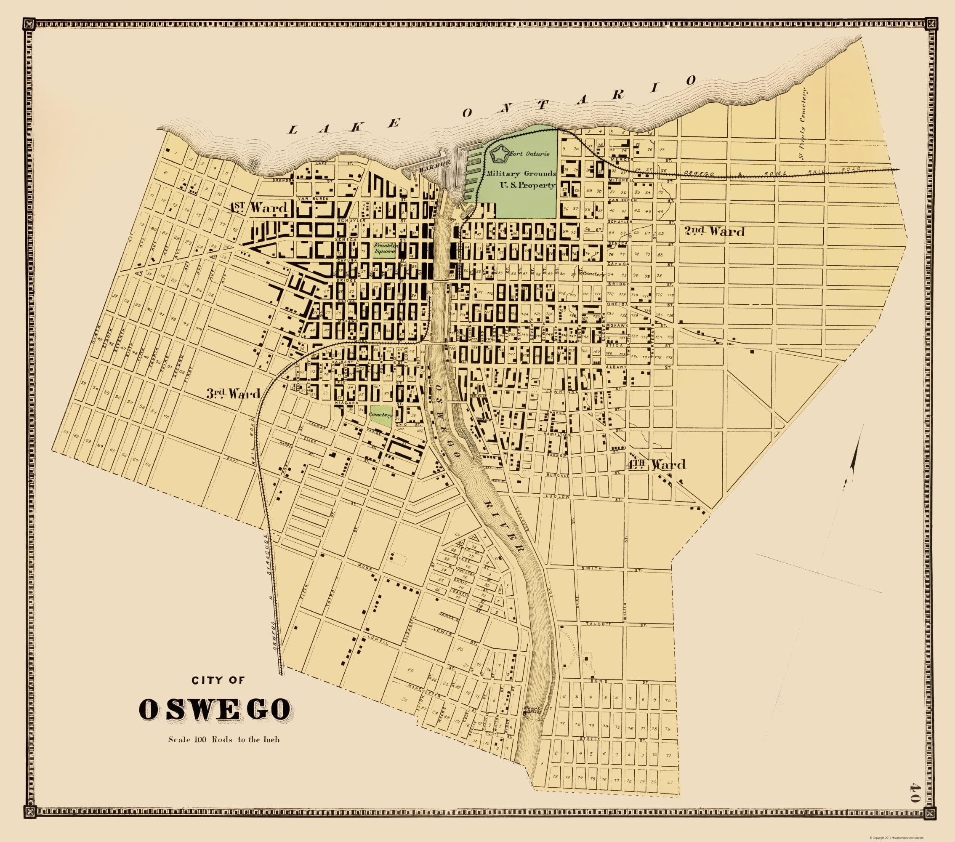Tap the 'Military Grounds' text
tap(521, 173)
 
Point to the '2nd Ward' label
tap(714, 231)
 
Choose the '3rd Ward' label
tap(233, 394)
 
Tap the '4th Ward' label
tap(656, 464)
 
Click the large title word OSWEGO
tap(215, 709)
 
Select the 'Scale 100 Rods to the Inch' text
tap(224, 739)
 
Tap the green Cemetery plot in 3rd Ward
tap(379, 416)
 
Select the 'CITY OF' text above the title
tap(218, 680)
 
